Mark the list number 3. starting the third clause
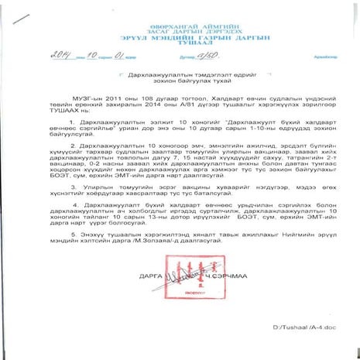(96, 211)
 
